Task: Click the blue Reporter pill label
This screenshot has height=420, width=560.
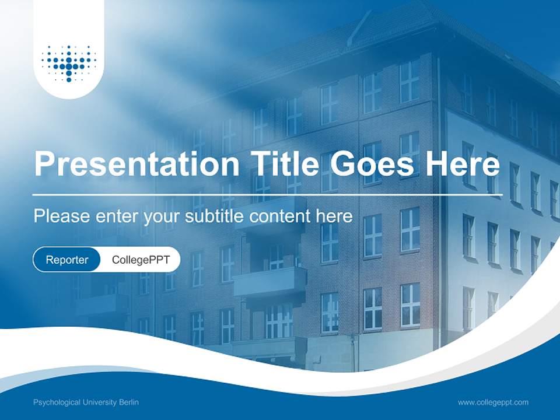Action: point(67,260)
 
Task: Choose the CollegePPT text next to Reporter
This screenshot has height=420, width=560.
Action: point(141,260)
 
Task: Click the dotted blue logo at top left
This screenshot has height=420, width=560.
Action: point(69,63)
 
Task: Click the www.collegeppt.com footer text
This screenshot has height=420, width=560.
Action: point(493,402)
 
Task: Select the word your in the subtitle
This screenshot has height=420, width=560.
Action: point(160,217)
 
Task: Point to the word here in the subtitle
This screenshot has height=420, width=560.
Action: point(334,216)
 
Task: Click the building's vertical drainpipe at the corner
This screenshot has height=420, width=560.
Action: point(439,175)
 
